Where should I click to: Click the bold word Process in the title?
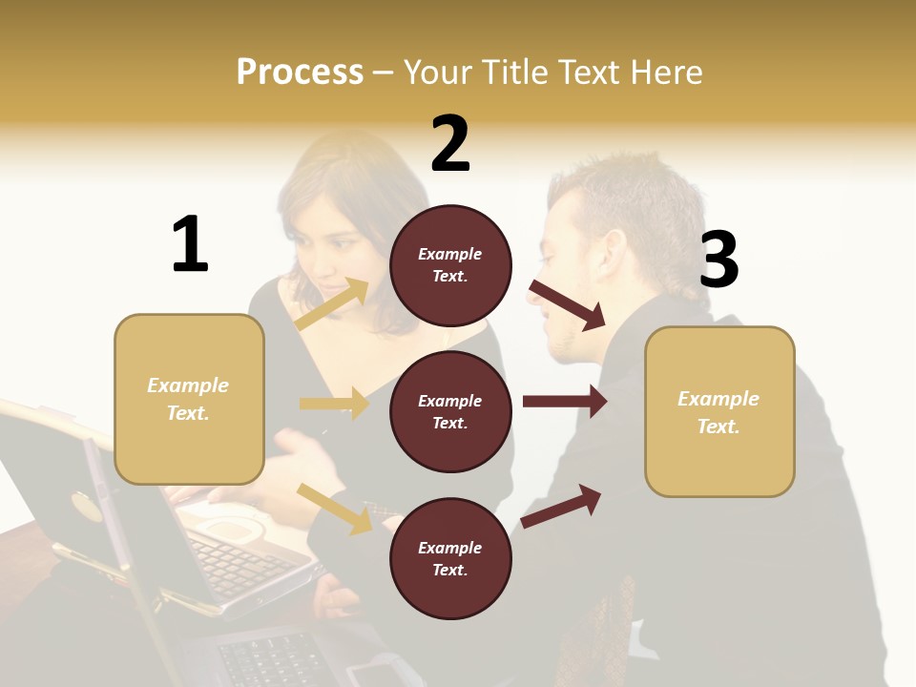tap(300, 72)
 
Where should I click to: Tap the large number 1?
tap(190, 244)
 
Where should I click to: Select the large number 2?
tap(450, 144)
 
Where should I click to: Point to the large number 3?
tap(718, 260)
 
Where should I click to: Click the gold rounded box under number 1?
tap(189, 399)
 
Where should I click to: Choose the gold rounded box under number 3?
tap(719, 412)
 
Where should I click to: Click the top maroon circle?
tap(450, 265)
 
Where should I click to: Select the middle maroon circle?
tap(450, 412)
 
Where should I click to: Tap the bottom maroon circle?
tap(450, 559)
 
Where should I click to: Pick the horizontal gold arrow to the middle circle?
tap(335, 404)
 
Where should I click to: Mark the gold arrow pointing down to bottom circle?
tap(335, 509)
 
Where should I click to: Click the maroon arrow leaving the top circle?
tap(568, 304)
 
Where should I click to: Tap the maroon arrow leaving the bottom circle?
tap(561, 506)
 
